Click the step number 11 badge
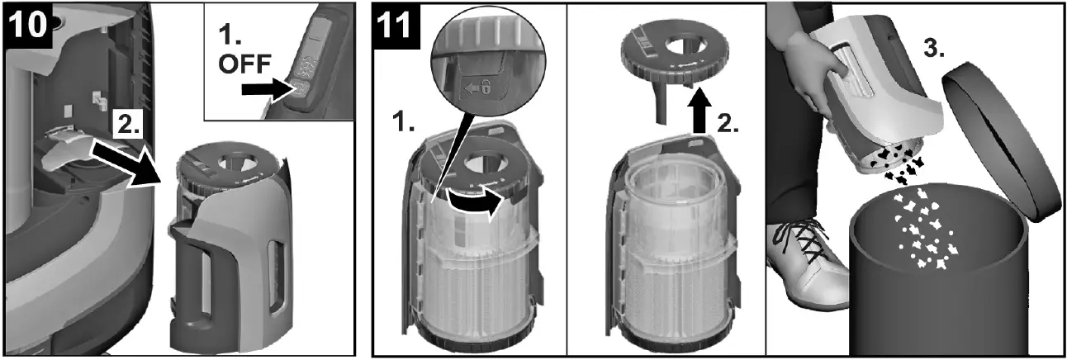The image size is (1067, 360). pyautogui.click(x=396, y=26)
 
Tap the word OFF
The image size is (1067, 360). pyautogui.click(x=245, y=64)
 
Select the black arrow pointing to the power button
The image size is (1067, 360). pyautogui.click(x=268, y=89)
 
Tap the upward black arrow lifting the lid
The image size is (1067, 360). pyautogui.click(x=699, y=111)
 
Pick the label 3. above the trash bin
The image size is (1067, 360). pyautogui.click(x=933, y=48)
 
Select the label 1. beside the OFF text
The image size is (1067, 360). pyautogui.click(x=230, y=35)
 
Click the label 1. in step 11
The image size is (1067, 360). pyautogui.click(x=404, y=123)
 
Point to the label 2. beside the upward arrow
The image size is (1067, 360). pyautogui.click(x=728, y=125)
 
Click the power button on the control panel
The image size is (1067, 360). pyautogui.click(x=299, y=90)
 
